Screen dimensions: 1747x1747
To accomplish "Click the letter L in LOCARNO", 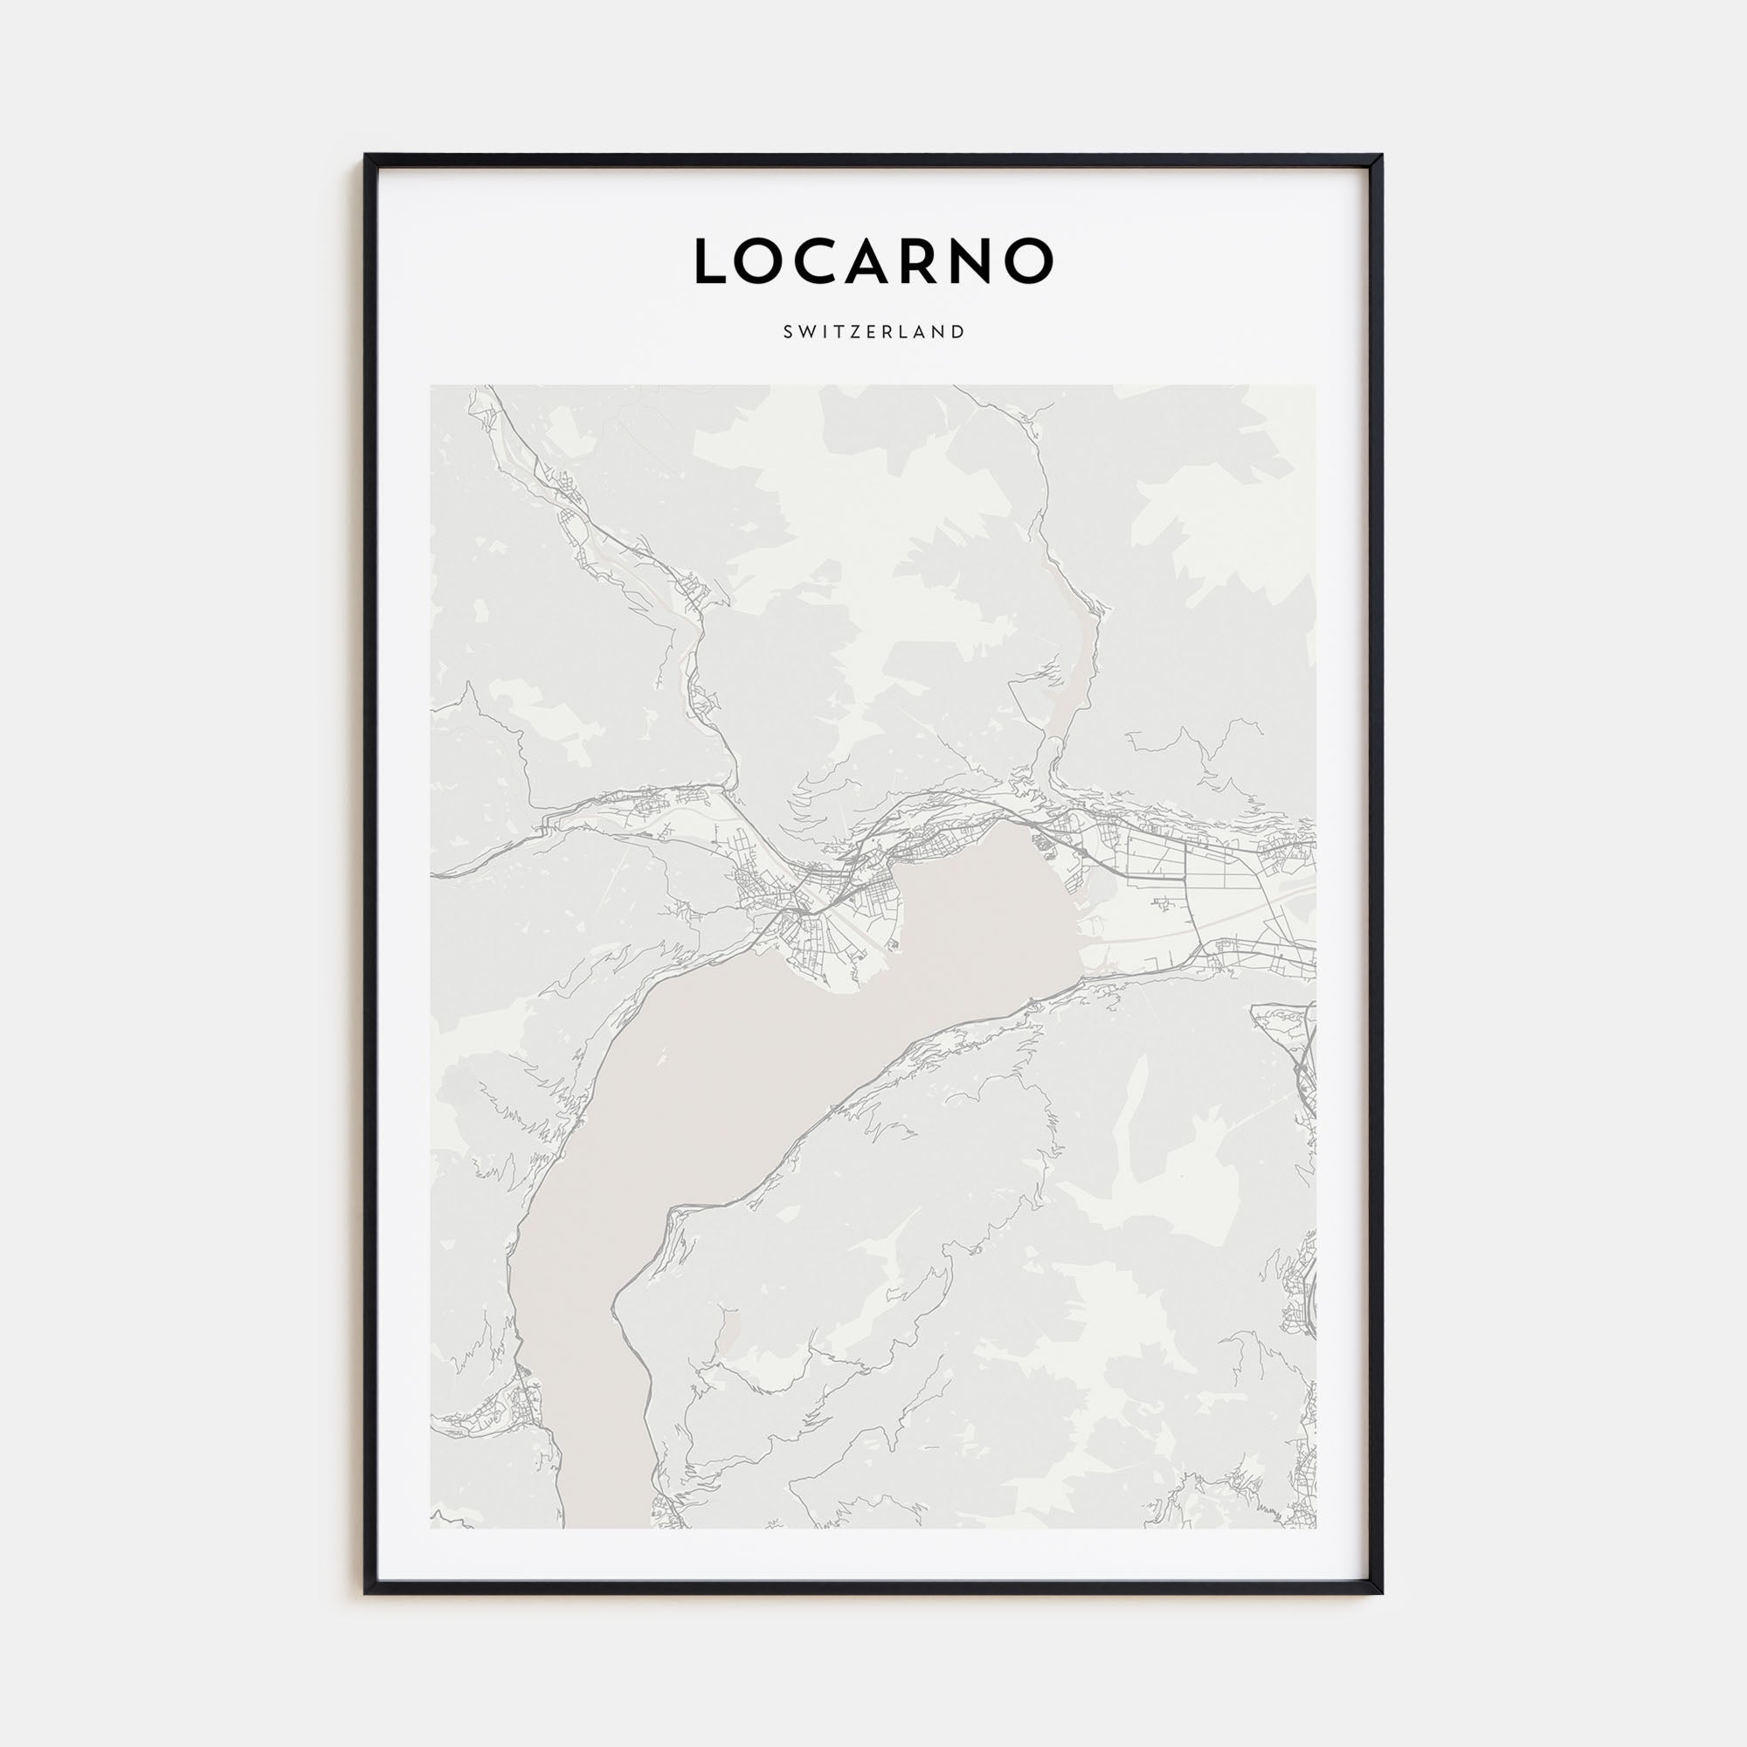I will tap(710, 261).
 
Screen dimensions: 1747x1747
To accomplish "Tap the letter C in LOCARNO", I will tap(822, 261).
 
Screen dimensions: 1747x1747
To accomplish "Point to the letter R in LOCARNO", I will tap(936, 261).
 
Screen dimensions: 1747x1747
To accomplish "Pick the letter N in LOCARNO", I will tap(986, 261).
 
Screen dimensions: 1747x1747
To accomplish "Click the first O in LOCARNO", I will tap(763, 261).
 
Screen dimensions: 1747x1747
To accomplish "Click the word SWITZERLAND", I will tap(873, 332).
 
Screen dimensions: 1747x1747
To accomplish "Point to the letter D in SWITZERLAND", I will tap(959, 332).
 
